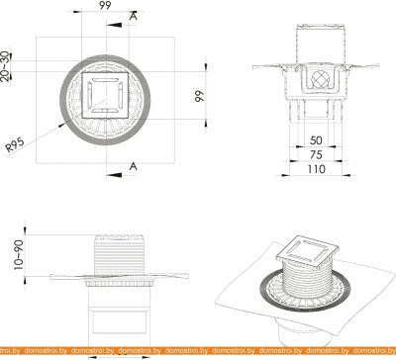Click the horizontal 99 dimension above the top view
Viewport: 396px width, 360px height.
[104, 7]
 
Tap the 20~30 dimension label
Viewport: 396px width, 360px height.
[7, 68]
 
